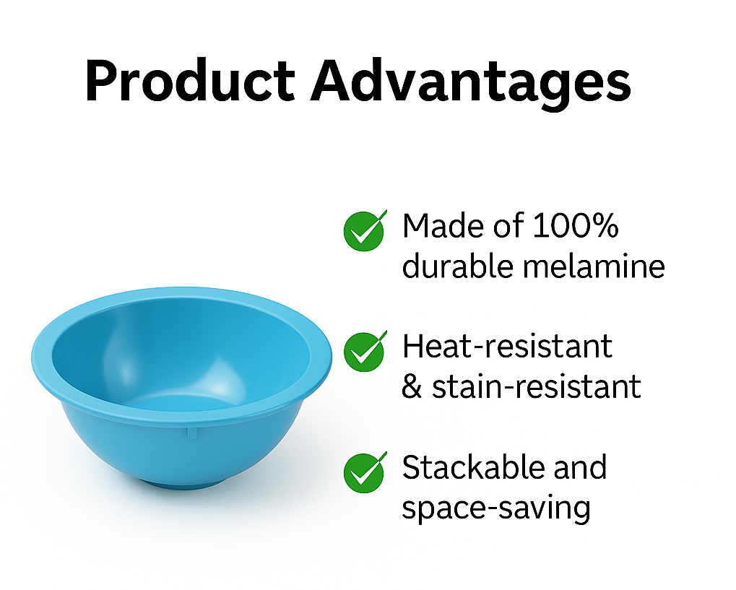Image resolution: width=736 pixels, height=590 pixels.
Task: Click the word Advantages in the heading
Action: point(471,84)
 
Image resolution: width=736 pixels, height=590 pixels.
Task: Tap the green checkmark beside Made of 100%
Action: point(365,230)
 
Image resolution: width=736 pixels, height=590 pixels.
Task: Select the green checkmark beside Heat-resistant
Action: point(365,351)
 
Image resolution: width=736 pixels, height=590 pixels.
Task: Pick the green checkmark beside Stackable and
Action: point(365,472)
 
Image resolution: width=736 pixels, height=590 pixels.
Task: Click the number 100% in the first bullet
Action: point(576,226)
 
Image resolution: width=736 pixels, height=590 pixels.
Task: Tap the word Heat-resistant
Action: point(507,347)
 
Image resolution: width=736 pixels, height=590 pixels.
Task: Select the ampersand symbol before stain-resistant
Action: point(412,387)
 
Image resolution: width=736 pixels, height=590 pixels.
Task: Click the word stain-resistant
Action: point(536,387)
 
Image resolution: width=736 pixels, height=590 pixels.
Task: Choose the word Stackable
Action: point(472,467)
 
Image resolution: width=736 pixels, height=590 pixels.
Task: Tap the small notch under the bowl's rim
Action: point(191,432)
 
